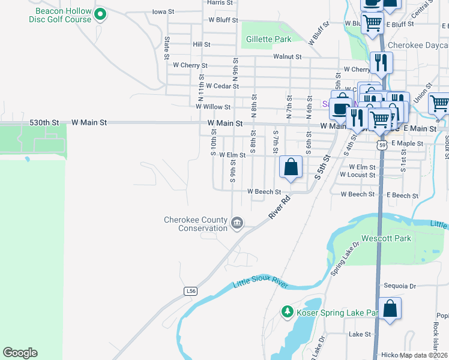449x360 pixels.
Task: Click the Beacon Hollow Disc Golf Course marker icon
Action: pyautogui.click(x=100, y=14)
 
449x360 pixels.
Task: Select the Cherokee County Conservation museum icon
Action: pyautogui.click(x=237, y=224)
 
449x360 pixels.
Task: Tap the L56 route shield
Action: pyautogui.click(x=191, y=291)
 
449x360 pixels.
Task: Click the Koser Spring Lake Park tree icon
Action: pyautogui.click(x=288, y=312)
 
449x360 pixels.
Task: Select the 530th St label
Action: pyautogui.click(x=44, y=122)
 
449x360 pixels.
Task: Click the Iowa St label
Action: pyautogui.click(x=163, y=11)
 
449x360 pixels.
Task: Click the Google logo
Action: pyautogui.click(x=20, y=353)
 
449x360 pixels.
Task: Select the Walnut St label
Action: pyautogui.click(x=286, y=56)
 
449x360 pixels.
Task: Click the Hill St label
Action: pyautogui.click(x=201, y=44)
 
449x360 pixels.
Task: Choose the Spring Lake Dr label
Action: pyautogui.click(x=344, y=259)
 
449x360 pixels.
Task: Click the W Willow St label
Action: pyautogui.click(x=213, y=107)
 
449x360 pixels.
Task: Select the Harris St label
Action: pyautogui.click(x=219, y=2)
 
